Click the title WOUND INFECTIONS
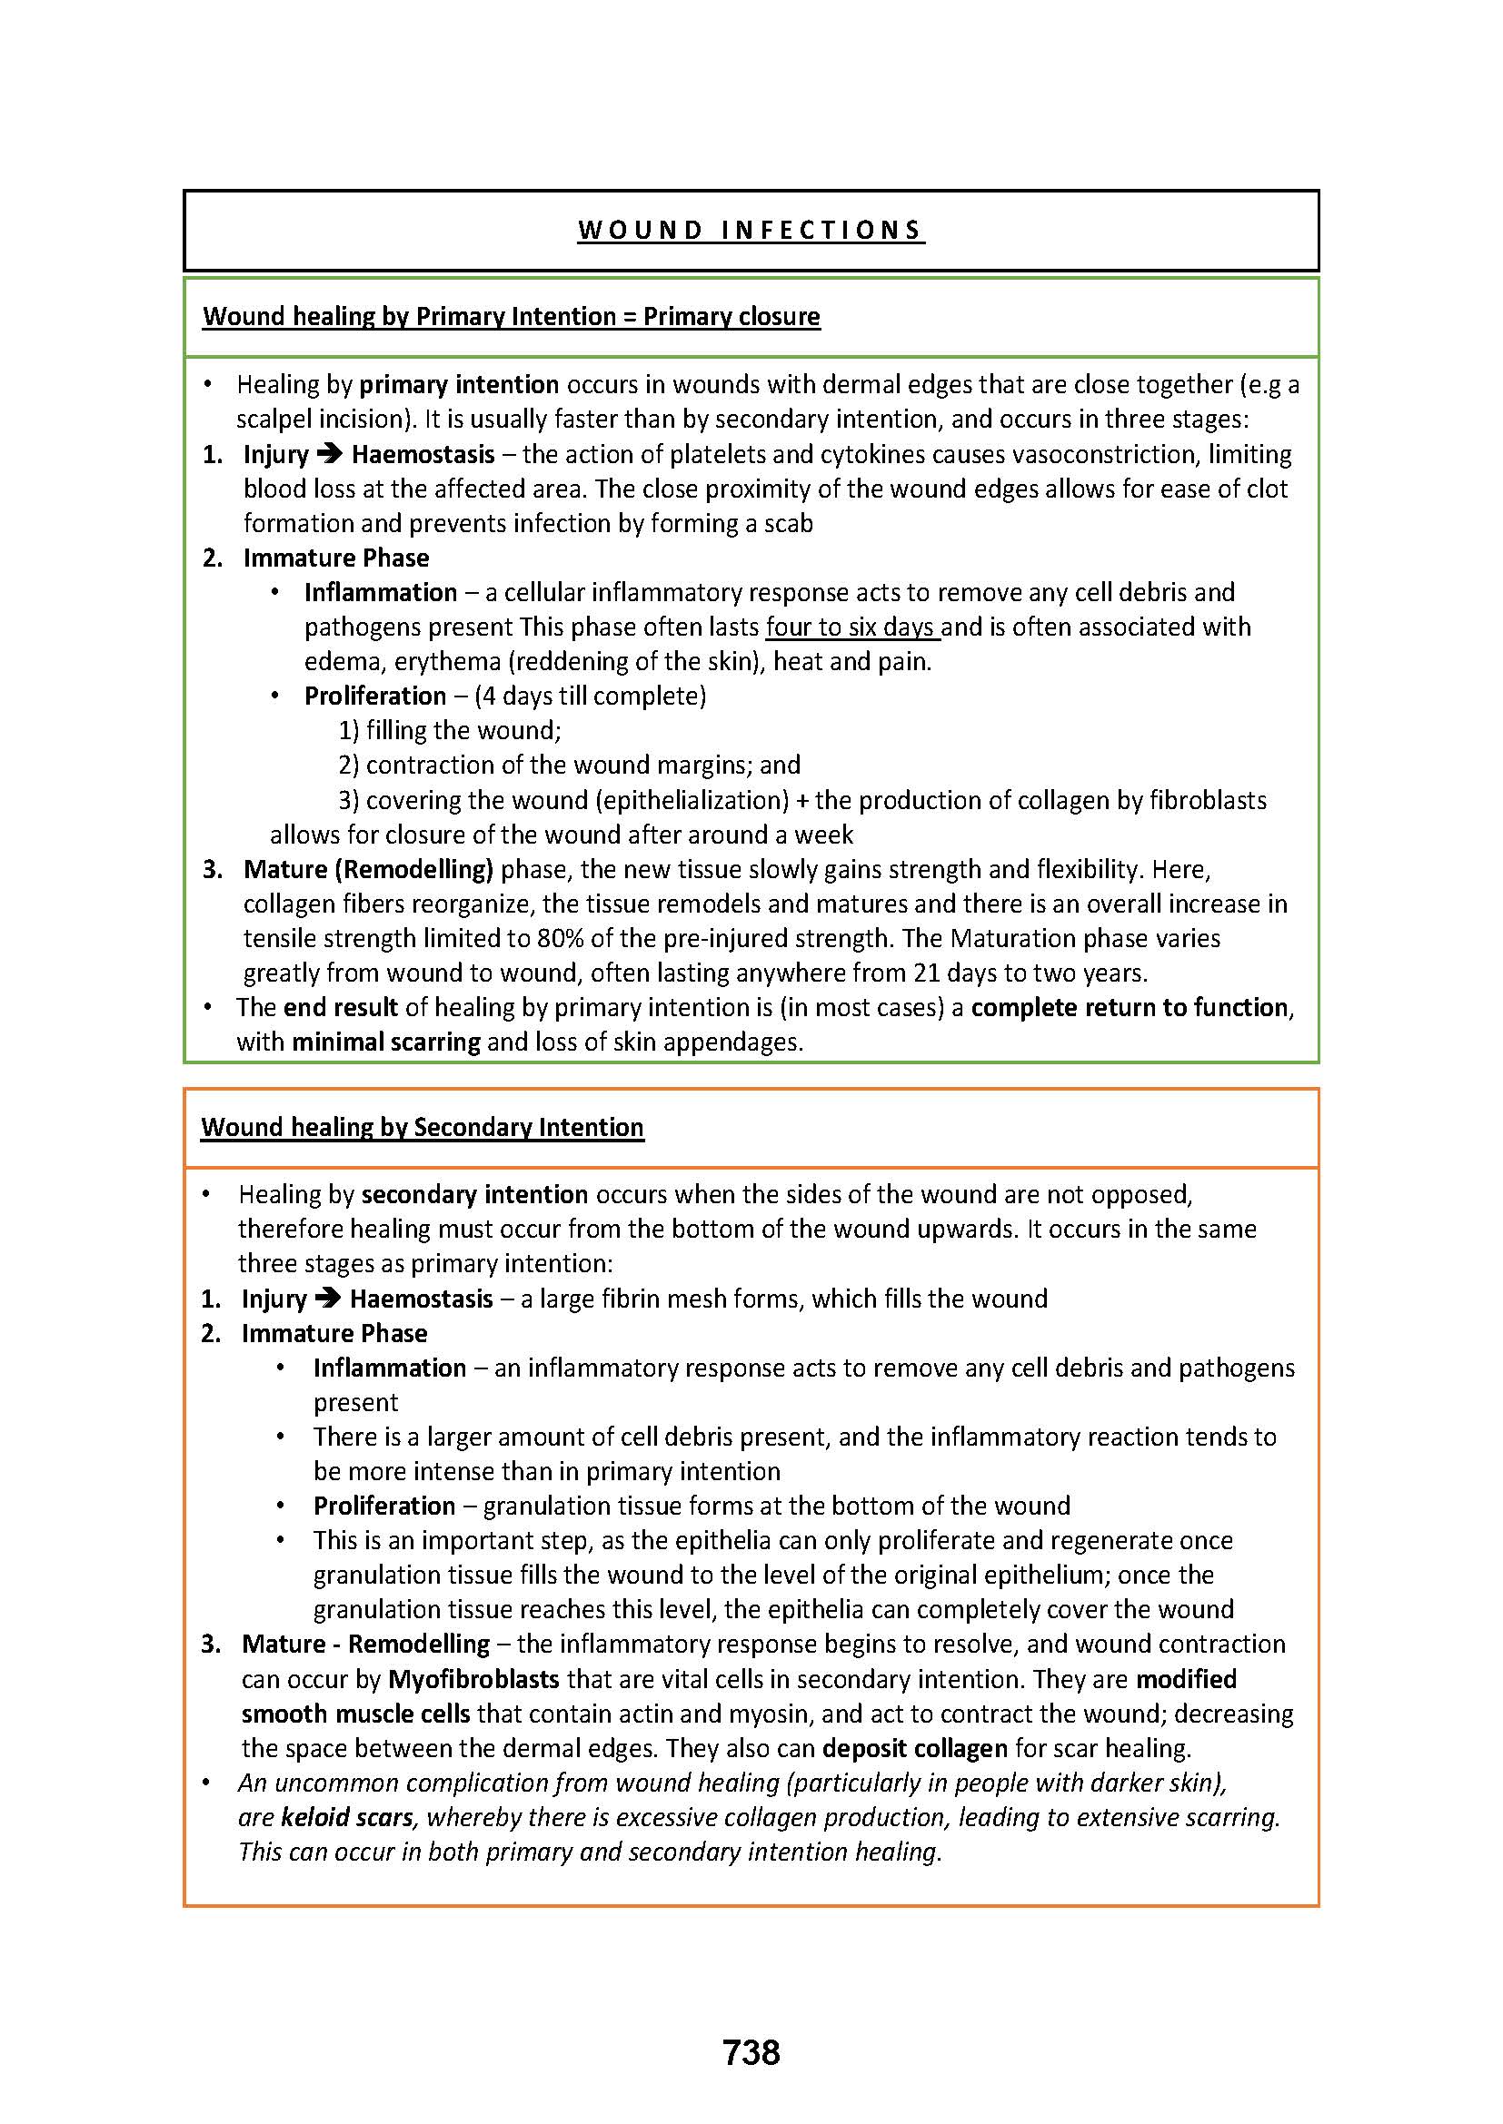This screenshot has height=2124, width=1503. [751, 231]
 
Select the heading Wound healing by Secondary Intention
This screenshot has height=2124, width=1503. [422, 1127]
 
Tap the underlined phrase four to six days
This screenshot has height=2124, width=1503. [851, 627]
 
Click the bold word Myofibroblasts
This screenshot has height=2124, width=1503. [473, 1679]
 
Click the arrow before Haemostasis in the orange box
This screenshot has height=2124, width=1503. [328, 1299]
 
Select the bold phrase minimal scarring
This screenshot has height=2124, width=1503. [386, 1042]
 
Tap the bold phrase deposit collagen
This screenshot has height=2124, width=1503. [914, 1748]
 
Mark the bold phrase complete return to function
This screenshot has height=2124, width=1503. [1130, 1007]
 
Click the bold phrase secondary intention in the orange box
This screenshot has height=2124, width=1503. [474, 1194]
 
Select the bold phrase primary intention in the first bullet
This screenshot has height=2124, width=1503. [459, 385]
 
